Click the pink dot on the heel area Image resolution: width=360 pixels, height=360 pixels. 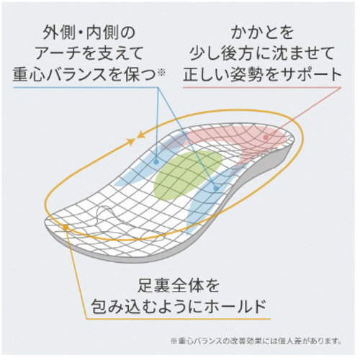(x=265, y=138)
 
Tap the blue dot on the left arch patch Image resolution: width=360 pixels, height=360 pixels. (x=156, y=162)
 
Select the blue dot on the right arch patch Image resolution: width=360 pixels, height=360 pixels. (x=216, y=189)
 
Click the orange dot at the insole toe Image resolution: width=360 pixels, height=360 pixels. (x=66, y=226)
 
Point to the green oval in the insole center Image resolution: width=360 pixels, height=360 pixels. (x=188, y=175)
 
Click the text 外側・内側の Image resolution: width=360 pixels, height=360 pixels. (x=89, y=33)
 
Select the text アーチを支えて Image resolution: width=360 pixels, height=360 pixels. (x=89, y=53)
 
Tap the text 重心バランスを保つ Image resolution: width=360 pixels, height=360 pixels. (x=84, y=73)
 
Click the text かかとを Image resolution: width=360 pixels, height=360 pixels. (x=262, y=33)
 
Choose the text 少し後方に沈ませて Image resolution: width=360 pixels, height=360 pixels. (x=262, y=53)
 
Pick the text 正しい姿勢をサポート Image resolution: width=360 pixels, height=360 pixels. (x=262, y=73)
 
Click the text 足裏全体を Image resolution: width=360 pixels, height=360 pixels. (x=179, y=285)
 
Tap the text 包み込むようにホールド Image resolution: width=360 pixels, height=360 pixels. (x=179, y=306)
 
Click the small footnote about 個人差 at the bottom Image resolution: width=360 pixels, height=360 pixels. (x=256, y=341)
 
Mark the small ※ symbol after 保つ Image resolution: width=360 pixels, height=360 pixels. (x=161, y=73)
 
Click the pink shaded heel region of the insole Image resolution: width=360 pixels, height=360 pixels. (x=247, y=142)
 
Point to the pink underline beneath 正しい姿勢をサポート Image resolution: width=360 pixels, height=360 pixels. (x=262, y=87)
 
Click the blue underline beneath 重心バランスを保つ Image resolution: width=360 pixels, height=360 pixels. (x=86, y=87)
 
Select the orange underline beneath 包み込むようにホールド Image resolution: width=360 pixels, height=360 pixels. (x=178, y=319)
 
